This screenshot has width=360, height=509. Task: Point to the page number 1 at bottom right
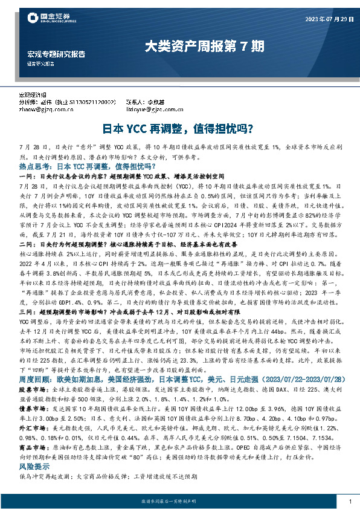click(350, 502)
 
